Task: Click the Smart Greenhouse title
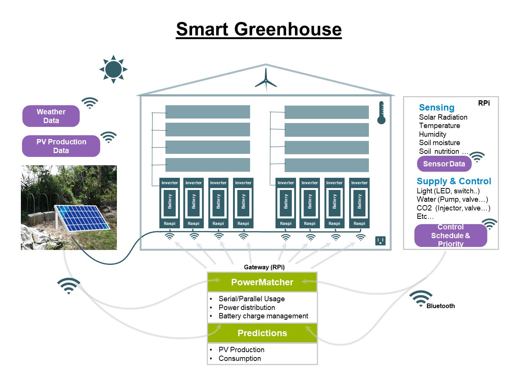(x=259, y=29)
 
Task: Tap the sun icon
(x=113, y=69)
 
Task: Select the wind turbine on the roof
(x=266, y=80)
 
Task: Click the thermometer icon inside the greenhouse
(x=381, y=113)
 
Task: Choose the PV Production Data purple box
(x=61, y=146)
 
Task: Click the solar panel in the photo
(x=81, y=218)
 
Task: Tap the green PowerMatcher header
(x=262, y=282)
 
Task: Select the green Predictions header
(x=262, y=333)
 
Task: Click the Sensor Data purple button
(x=444, y=164)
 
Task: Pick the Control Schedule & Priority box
(x=450, y=236)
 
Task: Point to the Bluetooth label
(x=441, y=306)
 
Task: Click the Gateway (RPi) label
(x=264, y=267)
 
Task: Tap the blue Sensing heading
(x=436, y=108)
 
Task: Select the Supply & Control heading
(x=454, y=181)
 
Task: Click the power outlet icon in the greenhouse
(x=380, y=240)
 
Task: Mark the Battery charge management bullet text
(x=263, y=316)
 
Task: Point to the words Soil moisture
(x=439, y=143)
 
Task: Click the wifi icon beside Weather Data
(x=90, y=103)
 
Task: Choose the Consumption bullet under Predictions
(x=240, y=359)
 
